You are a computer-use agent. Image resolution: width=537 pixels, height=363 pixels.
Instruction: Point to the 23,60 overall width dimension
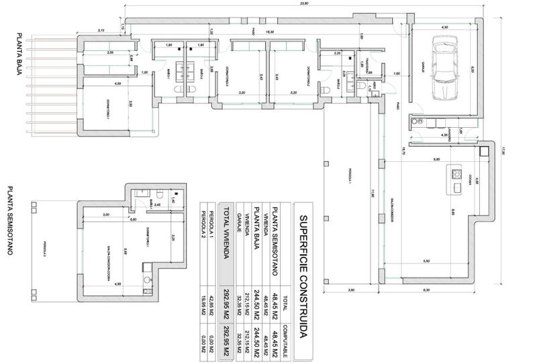pos(304,4)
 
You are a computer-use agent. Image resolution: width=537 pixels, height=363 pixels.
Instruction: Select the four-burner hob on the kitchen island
pos(456,174)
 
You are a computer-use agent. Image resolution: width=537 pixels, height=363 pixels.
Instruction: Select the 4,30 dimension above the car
pos(444,27)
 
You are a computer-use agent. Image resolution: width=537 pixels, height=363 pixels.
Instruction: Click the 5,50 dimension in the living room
pos(426,261)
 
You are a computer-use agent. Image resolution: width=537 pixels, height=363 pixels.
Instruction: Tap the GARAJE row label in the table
pos(239,235)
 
